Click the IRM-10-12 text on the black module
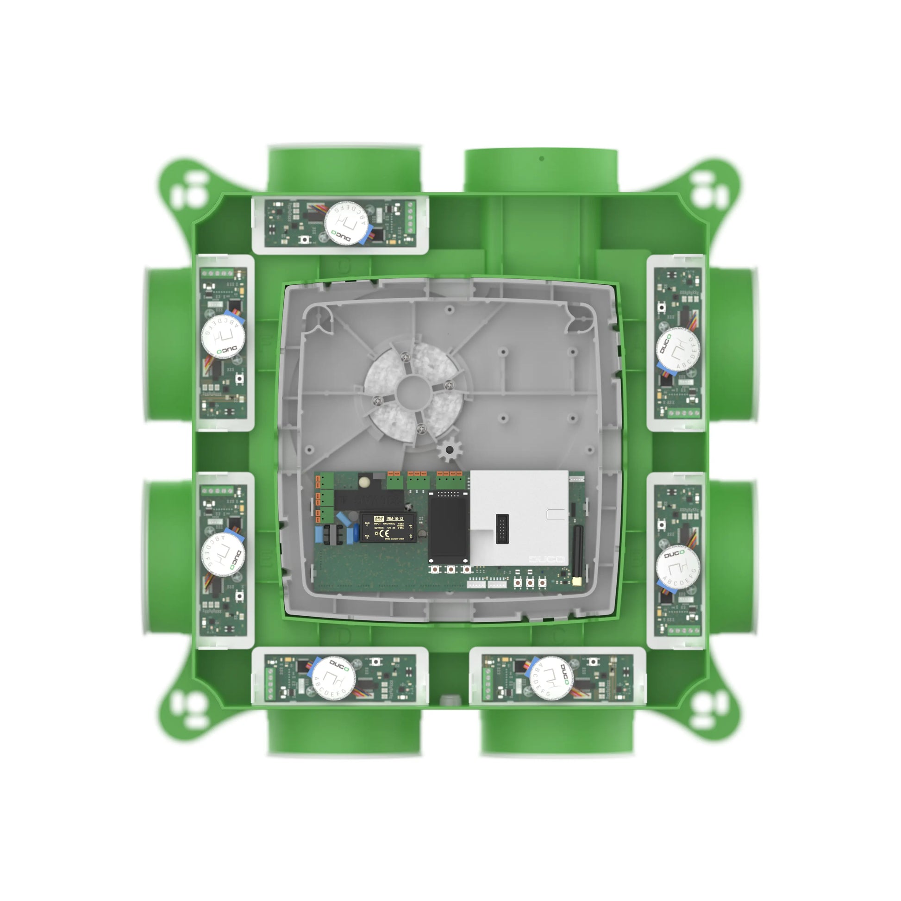click(394, 519)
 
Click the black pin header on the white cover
click(502, 529)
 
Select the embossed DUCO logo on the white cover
click(546, 559)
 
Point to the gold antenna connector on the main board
click(577, 581)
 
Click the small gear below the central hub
click(449, 450)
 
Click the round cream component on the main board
click(364, 480)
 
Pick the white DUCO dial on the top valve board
click(346, 223)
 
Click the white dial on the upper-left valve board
click(223, 336)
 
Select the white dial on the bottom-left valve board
click(333, 678)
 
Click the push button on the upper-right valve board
click(661, 307)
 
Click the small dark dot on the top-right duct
click(541, 158)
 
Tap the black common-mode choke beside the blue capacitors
click(333, 534)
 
